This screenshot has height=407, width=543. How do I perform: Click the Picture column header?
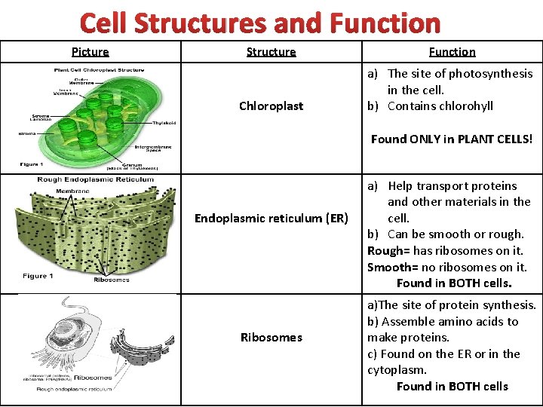[x=90, y=52]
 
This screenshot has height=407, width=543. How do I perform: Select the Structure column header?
[x=271, y=52]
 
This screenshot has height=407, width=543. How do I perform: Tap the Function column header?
[x=452, y=52]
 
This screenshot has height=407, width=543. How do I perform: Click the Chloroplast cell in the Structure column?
[x=271, y=106]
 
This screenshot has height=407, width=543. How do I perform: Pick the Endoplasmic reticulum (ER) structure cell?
[x=271, y=219]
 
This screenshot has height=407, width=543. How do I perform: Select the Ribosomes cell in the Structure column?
[x=271, y=338]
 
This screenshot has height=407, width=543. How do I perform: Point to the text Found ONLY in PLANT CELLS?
[x=451, y=139]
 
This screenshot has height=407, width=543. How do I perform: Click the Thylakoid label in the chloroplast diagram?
[x=164, y=123]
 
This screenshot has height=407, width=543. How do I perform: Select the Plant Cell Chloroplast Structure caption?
[x=98, y=69]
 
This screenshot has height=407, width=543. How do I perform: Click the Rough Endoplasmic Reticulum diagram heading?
[x=96, y=179]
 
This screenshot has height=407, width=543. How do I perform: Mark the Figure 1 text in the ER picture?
[x=38, y=276]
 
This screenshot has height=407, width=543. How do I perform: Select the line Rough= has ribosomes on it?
[x=445, y=251]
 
